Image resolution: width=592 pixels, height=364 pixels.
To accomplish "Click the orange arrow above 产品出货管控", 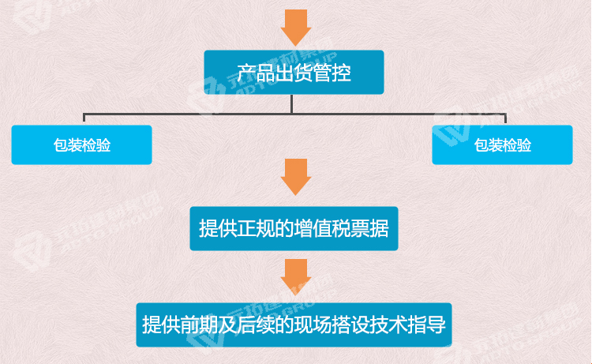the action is [x=296, y=28].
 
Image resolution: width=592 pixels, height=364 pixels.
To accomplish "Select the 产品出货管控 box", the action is [x=294, y=72].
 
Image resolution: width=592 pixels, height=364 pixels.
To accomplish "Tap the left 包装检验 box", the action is [x=81, y=145].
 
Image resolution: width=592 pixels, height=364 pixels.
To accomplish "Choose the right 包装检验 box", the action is [x=502, y=145].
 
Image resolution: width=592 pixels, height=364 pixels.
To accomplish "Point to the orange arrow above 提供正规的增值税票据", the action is [x=296, y=177].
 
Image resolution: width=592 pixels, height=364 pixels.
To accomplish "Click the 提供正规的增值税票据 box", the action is [x=294, y=228].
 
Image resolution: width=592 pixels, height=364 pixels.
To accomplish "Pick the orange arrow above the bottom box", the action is [x=296, y=277].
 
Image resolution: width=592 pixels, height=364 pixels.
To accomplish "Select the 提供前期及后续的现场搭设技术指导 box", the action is [x=294, y=325].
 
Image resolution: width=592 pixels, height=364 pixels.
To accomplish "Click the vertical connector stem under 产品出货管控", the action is [x=292, y=104].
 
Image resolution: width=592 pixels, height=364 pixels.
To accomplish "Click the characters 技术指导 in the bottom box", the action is [x=408, y=325].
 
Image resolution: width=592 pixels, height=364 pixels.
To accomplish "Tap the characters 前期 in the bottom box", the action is [x=199, y=325].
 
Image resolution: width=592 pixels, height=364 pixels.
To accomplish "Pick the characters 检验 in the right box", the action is [x=517, y=145].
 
